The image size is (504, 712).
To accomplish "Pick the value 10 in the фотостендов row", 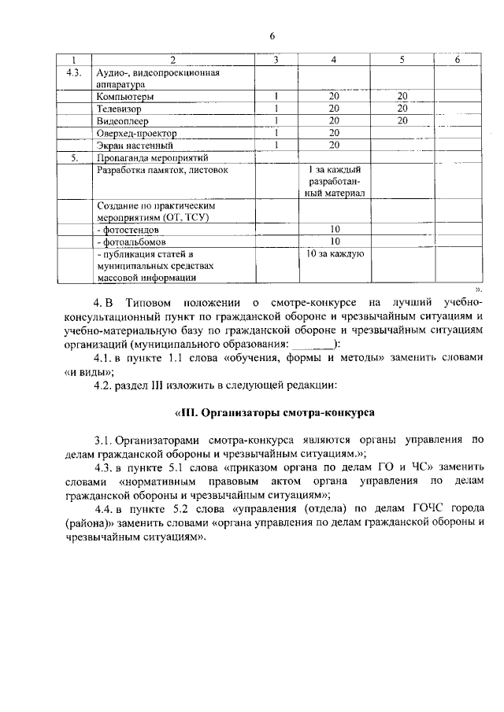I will [334, 229].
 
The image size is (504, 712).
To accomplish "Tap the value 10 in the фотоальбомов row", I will [334, 241].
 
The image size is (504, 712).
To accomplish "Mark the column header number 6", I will [457, 60].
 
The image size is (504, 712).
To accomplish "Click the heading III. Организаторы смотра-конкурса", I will [273, 412].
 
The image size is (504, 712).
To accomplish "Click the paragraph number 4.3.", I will [104, 467].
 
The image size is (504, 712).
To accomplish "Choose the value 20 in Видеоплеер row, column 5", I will [402, 120].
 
